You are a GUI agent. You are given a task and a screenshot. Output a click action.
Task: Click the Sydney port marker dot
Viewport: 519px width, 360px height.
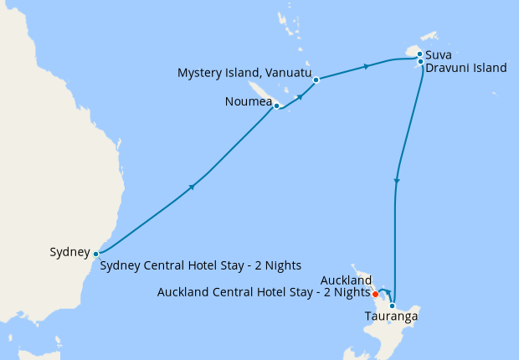pyautogui.click(x=96, y=253)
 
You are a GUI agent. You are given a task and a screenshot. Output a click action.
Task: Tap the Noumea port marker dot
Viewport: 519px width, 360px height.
pyautogui.click(x=276, y=106)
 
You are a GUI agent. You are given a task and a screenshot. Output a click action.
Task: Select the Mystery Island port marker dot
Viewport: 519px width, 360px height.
pyautogui.click(x=316, y=80)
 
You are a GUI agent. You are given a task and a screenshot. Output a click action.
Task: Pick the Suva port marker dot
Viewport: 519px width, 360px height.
pyautogui.click(x=419, y=54)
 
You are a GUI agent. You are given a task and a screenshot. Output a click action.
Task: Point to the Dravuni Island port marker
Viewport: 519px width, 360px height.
pyautogui.click(x=419, y=61)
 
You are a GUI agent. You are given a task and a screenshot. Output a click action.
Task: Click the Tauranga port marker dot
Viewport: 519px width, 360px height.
pyautogui.click(x=392, y=306)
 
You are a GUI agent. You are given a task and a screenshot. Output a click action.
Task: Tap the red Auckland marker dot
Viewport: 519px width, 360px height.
pyautogui.click(x=375, y=294)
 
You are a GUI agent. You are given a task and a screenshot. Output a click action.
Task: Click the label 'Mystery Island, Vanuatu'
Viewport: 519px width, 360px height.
pyautogui.click(x=244, y=74)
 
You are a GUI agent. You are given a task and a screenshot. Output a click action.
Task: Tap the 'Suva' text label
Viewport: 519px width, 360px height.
pyautogui.click(x=439, y=55)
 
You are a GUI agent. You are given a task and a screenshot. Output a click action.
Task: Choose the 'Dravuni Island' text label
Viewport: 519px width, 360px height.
pyautogui.click(x=465, y=68)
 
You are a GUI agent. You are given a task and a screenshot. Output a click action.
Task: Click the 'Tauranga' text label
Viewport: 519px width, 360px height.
pyautogui.click(x=391, y=316)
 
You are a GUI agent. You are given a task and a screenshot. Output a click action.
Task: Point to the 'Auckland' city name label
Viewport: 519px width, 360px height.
pyautogui.click(x=346, y=280)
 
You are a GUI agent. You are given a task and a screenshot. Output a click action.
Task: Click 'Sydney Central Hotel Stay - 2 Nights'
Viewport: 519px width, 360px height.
pyautogui.click(x=201, y=266)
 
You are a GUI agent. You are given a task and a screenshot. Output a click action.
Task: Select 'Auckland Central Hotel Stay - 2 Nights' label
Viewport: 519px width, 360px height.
pyautogui.click(x=264, y=292)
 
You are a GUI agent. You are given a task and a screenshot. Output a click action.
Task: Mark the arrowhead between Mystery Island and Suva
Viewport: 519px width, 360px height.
pyautogui.click(x=366, y=66)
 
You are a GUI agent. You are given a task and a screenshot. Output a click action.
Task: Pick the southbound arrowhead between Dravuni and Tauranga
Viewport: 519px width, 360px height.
pyautogui.click(x=397, y=180)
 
